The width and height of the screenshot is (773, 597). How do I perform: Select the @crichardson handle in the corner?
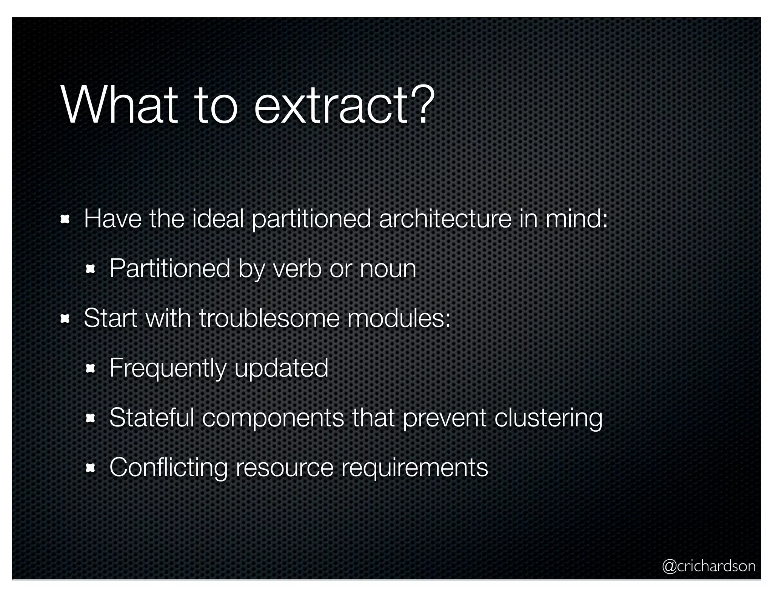tap(708, 566)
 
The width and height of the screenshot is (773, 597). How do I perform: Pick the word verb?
tap(297, 269)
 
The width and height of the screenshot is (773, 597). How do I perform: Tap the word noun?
tap(388, 269)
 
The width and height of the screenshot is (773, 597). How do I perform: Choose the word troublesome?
tap(269, 318)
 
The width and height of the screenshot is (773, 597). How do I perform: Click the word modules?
tap(399, 318)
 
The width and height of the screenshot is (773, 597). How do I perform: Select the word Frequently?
tap(168, 368)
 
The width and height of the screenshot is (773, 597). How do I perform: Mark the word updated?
tap(281, 368)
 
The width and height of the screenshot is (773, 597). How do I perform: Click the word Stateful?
tap(151, 418)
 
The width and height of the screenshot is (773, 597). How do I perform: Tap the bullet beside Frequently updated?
tap(91, 369)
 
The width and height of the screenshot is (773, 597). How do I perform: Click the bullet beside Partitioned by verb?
tap(91, 269)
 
